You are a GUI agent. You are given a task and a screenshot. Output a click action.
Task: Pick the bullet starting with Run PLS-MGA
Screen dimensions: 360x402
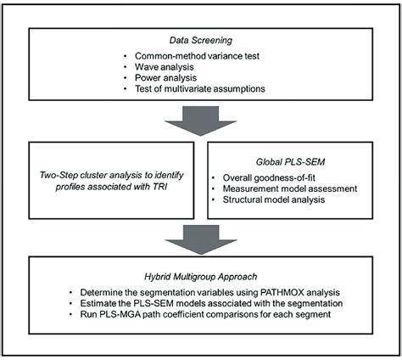tap(207, 320)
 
